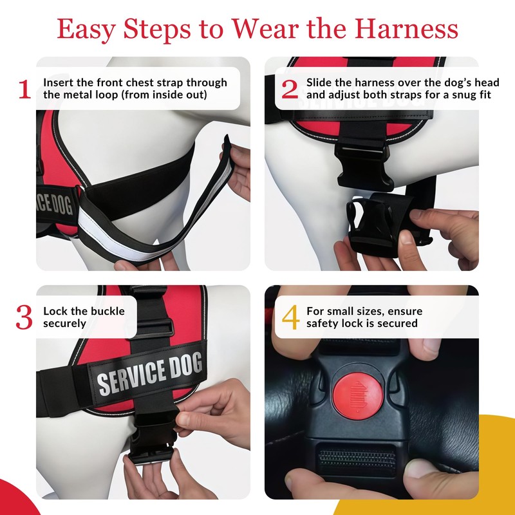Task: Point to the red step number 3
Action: click(x=24, y=317)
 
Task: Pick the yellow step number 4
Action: click(x=290, y=317)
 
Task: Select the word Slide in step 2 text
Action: click(x=319, y=82)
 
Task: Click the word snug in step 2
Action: click(x=446, y=95)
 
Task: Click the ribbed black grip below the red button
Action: click(x=357, y=460)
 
